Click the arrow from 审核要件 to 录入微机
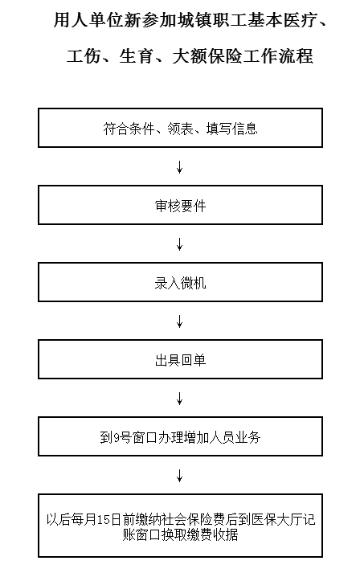coord(179,244)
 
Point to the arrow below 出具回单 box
coord(179,399)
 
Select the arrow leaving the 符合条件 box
coord(179,166)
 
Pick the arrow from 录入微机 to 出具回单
coord(179,321)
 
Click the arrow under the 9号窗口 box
coord(179,476)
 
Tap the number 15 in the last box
coord(104,520)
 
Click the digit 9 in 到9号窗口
coord(117,437)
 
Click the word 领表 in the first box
coord(180,129)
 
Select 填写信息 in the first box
coord(231,129)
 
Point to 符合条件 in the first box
coord(129,129)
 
